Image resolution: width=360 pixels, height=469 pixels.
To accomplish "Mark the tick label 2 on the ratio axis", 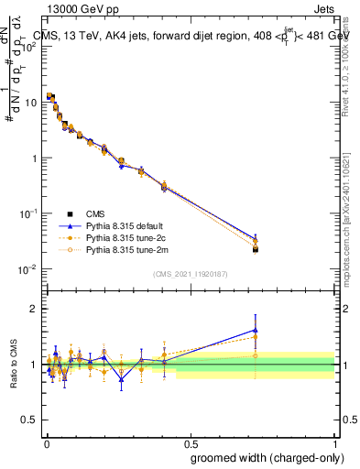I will click(35, 309).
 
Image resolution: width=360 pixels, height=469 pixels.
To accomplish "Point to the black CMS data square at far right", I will click(256, 249).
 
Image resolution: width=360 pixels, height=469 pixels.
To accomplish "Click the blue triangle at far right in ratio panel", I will click(256, 330).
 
